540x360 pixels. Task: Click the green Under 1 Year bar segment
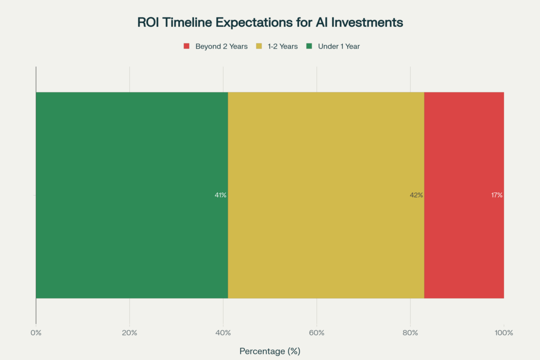pos(132,195)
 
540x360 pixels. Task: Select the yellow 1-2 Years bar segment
pos(326,195)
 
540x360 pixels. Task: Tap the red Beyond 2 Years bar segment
pos(464,195)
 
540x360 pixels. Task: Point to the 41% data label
pos(220,195)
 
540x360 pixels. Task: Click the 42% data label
pos(417,195)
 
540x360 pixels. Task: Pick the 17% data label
pos(497,195)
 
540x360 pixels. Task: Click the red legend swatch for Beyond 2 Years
pos(187,46)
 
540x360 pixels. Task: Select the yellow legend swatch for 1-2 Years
pos(259,46)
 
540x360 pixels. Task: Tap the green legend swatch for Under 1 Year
pos(309,46)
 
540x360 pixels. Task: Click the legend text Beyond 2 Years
pos(221,46)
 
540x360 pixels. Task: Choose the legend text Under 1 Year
pos(339,46)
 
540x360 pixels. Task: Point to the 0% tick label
pos(36,333)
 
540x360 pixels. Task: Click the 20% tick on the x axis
pos(130,333)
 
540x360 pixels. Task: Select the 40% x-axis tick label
pos(223,333)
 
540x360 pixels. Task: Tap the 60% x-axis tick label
pos(317,333)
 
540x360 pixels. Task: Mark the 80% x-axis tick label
pos(410,333)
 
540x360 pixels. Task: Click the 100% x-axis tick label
pos(504,333)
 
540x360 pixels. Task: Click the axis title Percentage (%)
pos(270,351)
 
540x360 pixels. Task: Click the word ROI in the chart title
pos(148,22)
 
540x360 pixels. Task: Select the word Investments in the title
pos(367,22)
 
